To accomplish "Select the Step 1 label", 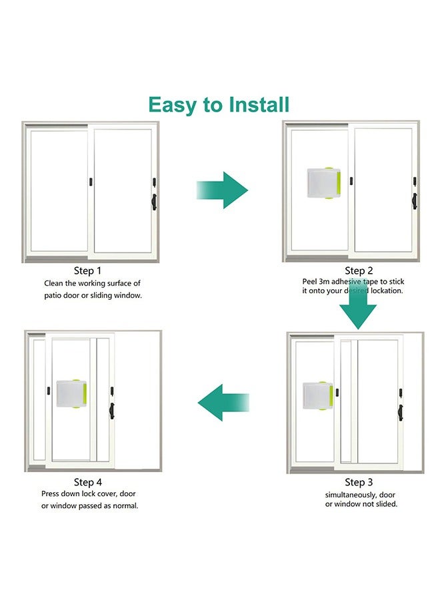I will (x=88, y=271).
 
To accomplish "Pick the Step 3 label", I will (x=355, y=482).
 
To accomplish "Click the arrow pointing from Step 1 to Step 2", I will (x=222, y=190).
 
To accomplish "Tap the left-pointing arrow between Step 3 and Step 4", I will (x=223, y=403).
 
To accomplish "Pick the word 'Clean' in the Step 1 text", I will (x=55, y=283).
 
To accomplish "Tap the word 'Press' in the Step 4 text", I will (x=52, y=494).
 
